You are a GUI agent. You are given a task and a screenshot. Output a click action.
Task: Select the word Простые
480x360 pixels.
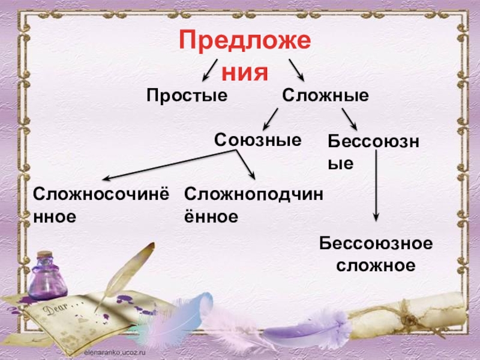[x=188, y=95]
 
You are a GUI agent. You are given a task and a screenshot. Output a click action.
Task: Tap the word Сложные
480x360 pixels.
[x=325, y=95]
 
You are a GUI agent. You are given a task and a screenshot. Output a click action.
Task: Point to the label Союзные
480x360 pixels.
[x=257, y=140]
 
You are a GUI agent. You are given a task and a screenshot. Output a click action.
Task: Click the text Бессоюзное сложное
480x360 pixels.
[x=376, y=254]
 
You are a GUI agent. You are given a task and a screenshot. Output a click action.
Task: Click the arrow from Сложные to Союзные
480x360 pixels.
[x=271, y=119]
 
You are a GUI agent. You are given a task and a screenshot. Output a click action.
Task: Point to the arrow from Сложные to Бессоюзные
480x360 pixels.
[x=349, y=119]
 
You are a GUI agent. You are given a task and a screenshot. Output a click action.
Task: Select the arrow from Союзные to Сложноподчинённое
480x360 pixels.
[x=245, y=165]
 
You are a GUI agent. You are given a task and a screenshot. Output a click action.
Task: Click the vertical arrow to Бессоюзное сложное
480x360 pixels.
[x=376, y=186]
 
